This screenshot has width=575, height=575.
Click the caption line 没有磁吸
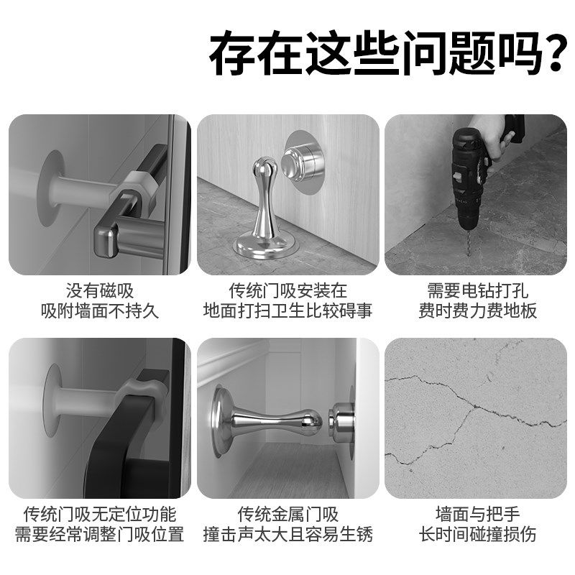100,291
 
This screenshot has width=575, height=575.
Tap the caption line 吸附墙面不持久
100,311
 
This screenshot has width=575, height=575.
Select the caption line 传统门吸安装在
287,291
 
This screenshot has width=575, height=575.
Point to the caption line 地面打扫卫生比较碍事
287,311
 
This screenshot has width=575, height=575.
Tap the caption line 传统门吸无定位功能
100,515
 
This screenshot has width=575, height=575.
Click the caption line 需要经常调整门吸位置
100,535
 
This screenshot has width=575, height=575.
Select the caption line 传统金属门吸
287,515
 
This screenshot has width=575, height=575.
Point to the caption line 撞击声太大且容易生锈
287,535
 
